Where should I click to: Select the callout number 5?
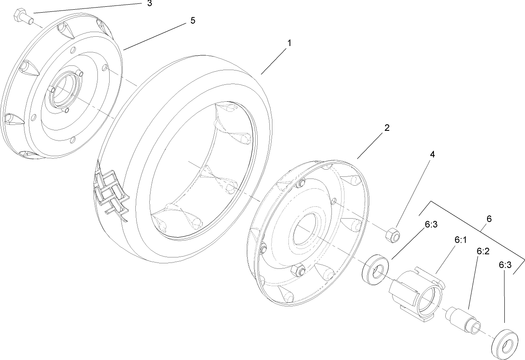(x=192, y=21)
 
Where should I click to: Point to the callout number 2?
(x=386, y=128)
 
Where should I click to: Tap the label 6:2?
(x=482, y=251)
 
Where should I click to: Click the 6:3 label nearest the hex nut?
(x=431, y=225)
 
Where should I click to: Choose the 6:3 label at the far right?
(x=505, y=265)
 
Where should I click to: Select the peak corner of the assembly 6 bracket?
(x=431, y=202)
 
